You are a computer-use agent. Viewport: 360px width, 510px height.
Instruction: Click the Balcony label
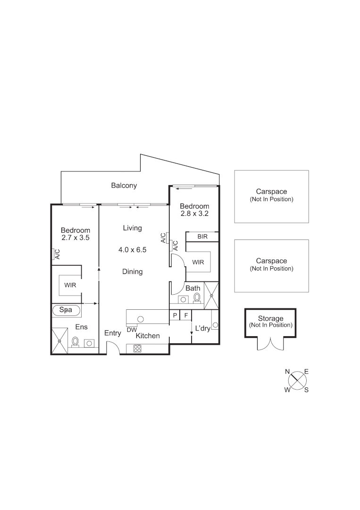click(x=124, y=186)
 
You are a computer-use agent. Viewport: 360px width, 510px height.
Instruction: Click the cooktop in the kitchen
click(x=138, y=348)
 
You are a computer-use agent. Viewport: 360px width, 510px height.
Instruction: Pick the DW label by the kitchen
click(x=132, y=329)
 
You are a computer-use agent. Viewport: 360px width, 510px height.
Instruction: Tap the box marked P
click(x=175, y=315)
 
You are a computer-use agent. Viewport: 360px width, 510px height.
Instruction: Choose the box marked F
click(x=186, y=315)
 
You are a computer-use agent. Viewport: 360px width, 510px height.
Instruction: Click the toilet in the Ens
click(x=75, y=341)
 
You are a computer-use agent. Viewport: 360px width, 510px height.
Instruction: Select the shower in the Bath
click(x=211, y=296)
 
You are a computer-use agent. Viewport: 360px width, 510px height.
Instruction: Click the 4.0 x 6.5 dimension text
click(x=133, y=250)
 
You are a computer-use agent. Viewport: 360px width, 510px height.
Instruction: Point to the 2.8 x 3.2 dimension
click(x=194, y=213)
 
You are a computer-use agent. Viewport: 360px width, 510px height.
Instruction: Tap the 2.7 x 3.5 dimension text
click(x=75, y=238)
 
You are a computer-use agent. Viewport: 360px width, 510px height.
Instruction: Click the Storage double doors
click(x=270, y=344)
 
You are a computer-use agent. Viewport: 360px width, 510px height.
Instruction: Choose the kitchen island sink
click(x=140, y=319)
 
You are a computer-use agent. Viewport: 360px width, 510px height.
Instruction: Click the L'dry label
click(x=202, y=328)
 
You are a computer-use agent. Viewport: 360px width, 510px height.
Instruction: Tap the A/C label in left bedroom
click(x=57, y=255)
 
